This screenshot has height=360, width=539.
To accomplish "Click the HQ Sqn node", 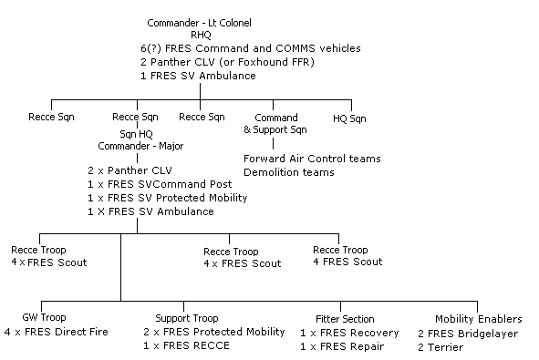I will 349,118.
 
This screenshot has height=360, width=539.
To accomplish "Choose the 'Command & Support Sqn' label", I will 275,124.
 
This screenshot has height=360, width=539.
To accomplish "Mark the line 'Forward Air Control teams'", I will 311,159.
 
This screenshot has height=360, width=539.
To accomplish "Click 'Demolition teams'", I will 288,172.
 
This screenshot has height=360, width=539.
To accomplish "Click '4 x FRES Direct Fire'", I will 56,332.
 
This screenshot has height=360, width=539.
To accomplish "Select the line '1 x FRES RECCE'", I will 186,345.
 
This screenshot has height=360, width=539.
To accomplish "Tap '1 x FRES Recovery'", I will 349,333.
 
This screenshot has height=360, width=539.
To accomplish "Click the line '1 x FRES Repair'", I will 343,345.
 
